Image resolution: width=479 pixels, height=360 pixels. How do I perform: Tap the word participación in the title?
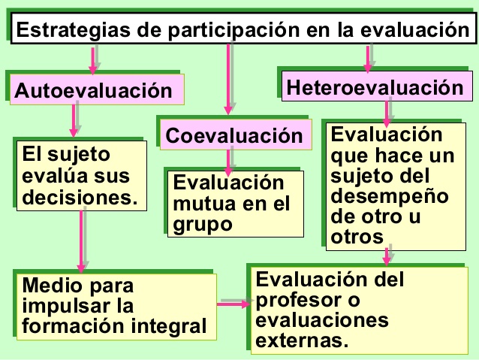click(233, 31)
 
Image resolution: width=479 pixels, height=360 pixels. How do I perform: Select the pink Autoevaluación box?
click(97, 89)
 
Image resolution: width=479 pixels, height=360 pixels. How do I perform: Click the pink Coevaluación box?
click(236, 135)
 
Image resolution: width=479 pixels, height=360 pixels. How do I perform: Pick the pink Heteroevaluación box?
click(377, 86)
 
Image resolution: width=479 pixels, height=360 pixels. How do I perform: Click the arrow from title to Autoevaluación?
click(93, 61)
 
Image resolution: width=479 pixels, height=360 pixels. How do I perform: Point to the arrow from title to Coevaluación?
click(228, 79)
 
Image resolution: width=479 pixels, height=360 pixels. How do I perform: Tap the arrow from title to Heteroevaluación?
click(368, 59)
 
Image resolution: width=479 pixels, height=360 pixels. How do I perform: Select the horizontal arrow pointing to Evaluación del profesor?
click(233, 304)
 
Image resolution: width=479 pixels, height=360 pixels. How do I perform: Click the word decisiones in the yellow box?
click(80, 197)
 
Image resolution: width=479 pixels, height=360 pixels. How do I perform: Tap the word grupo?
click(203, 225)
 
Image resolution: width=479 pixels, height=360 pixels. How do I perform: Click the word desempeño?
click(390, 197)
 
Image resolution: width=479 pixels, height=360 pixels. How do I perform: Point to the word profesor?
click(299, 301)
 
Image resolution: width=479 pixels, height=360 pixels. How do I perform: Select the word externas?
click(302, 340)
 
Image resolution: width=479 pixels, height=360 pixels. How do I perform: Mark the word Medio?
click(53, 286)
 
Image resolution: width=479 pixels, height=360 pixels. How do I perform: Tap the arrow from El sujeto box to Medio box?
click(81, 241)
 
